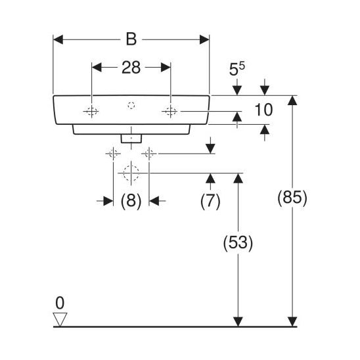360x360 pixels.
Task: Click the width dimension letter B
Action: coord(131,39)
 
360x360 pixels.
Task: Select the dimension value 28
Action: coord(131,68)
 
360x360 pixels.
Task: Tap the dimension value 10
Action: coord(264,110)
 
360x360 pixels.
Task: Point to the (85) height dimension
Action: coord(292,198)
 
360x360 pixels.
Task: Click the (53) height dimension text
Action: coord(238,242)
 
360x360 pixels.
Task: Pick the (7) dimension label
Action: coord(210,201)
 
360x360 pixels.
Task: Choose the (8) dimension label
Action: coord(131,201)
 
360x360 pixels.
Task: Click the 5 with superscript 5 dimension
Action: coord(237,69)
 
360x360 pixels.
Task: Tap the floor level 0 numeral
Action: coord(60,303)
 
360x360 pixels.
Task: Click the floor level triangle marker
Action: coord(60,319)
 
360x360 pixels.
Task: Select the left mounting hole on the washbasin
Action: coord(91,112)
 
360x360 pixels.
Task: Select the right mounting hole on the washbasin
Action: coord(171,112)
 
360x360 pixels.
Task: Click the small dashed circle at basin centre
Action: coord(131,106)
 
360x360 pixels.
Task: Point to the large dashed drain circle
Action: coord(131,173)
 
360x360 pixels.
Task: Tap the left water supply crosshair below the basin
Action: coord(113,153)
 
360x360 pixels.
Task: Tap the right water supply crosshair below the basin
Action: coord(149,153)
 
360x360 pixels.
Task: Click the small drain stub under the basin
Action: coord(131,138)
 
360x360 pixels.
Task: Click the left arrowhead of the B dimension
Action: coord(58,39)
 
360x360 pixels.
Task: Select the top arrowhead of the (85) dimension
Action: coord(292,101)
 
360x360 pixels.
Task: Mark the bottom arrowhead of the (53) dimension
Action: coord(238,321)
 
